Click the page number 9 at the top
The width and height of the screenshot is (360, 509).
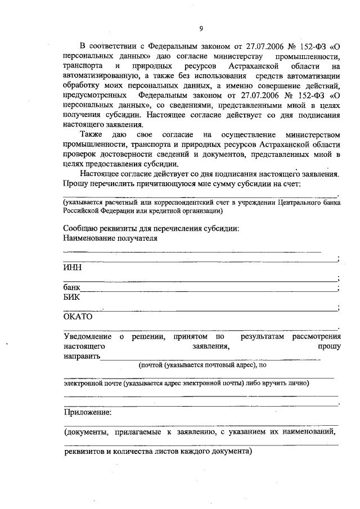click(x=200, y=29)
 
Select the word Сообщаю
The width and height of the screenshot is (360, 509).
click(x=82, y=228)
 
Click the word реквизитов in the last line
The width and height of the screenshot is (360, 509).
click(x=83, y=452)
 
